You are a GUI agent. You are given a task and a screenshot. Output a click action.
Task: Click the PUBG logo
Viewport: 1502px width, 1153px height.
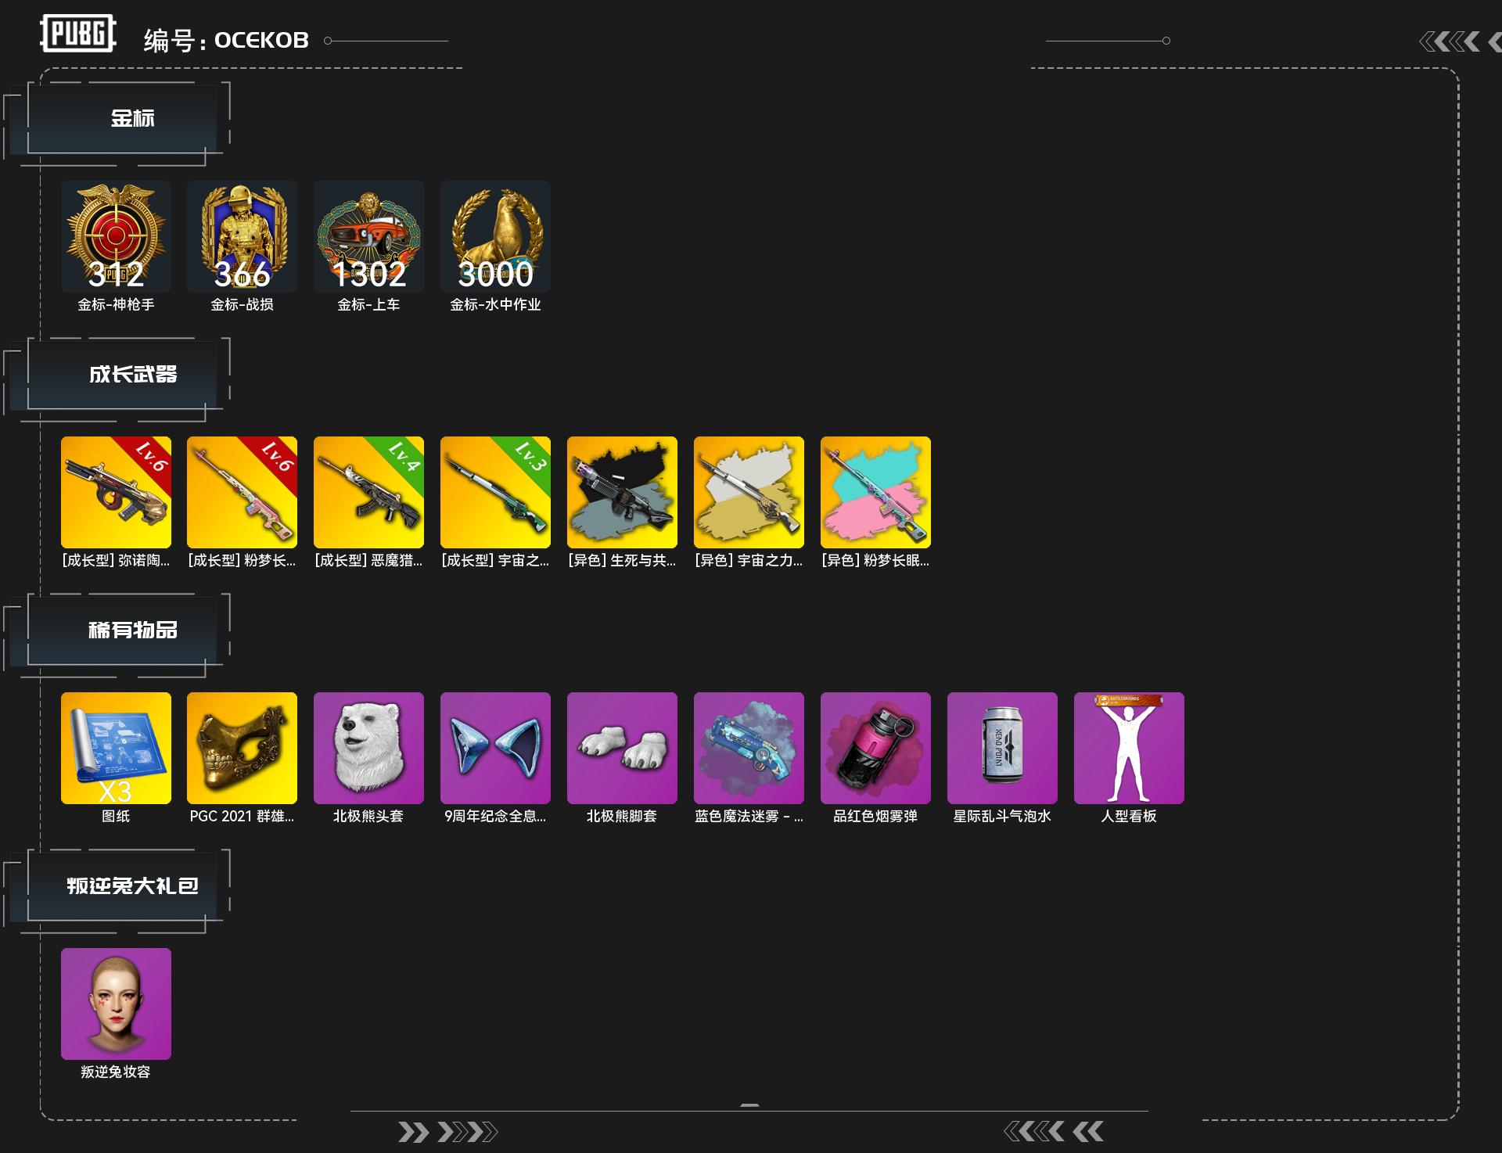pyautogui.click(x=77, y=34)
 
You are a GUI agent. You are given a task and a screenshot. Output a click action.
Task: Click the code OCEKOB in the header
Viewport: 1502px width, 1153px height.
pyautogui.click(x=261, y=40)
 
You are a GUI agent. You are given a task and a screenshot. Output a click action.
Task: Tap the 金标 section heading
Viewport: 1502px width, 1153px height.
pyautogui.click(x=132, y=118)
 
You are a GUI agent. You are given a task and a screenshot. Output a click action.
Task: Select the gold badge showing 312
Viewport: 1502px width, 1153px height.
pyautogui.click(x=116, y=236)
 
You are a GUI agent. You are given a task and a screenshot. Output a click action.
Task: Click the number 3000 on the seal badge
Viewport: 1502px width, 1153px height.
pyautogui.click(x=495, y=274)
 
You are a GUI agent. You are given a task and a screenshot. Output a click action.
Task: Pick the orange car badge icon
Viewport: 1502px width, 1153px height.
pyautogui.click(x=368, y=236)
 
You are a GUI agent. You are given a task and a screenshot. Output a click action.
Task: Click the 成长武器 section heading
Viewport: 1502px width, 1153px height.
pyautogui.click(x=132, y=374)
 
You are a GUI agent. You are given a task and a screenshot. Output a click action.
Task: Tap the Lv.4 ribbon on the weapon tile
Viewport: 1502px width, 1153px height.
pyautogui.click(x=403, y=456)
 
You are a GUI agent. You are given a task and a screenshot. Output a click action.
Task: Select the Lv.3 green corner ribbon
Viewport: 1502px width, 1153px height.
pyautogui.click(x=530, y=456)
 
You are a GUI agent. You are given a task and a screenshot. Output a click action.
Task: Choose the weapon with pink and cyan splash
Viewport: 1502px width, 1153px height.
pyautogui.click(x=875, y=492)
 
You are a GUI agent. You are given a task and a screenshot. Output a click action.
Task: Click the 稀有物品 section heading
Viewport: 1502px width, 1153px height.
pyautogui.click(x=132, y=630)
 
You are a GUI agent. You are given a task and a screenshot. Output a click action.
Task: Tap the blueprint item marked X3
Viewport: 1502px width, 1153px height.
pyautogui.click(x=116, y=748)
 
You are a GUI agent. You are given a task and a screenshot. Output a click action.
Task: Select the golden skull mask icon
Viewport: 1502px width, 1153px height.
pyautogui.click(x=242, y=748)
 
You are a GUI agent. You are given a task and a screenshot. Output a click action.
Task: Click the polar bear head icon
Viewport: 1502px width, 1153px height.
pyautogui.click(x=368, y=748)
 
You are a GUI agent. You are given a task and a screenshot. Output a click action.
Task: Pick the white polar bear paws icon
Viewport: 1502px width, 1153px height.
pyautogui.click(x=622, y=748)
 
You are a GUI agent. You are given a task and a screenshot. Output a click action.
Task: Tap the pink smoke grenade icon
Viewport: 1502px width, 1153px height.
pyautogui.click(x=875, y=748)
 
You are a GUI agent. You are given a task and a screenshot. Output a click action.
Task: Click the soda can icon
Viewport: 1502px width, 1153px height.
pyautogui.click(x=1002, y=748)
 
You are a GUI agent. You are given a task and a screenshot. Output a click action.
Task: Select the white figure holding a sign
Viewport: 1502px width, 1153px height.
pyautogui.click(x=1129, y=748)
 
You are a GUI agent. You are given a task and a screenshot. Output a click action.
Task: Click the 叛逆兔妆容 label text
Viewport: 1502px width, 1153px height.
pyautogui.click(x=116, y=1072)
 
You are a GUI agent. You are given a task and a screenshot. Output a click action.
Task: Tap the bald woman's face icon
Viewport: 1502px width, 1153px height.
pyautogui.click(x=116, y=1004)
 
